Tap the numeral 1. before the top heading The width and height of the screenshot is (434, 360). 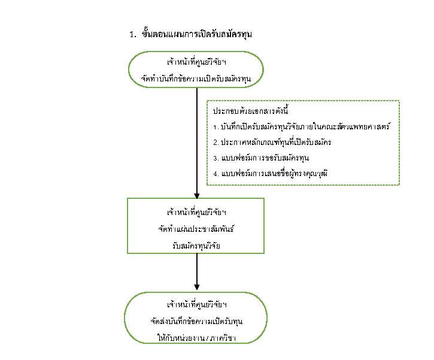coord(133,35)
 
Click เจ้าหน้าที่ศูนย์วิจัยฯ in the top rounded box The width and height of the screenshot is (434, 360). coord(196,63)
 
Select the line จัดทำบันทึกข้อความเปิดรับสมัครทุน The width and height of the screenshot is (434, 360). coord(196,79)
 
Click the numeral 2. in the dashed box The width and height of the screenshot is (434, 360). coord(216,143)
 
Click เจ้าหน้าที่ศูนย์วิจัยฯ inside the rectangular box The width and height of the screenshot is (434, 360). coord(196,213)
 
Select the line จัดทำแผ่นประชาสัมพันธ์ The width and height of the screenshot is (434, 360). coord(196,228)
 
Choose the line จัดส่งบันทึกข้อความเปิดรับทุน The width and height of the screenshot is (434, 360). coord(196,322)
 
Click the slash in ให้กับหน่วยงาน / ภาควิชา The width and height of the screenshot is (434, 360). coord(206,338)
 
